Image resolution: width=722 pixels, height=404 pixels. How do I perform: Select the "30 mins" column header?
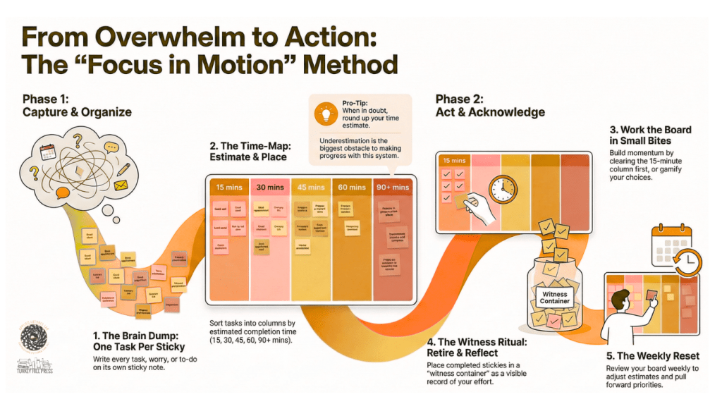click(x=270, y=188)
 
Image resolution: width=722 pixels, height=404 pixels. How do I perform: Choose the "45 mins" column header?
click(x=311, y=188)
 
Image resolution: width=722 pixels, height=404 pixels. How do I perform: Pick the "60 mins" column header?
click(x=352, y=188)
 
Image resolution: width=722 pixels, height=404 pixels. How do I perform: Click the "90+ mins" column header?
click(x=393, y=188)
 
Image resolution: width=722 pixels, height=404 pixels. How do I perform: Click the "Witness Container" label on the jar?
click(x=555, y=297)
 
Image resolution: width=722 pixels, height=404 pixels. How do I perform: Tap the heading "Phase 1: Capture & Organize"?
click(x=77, y=105)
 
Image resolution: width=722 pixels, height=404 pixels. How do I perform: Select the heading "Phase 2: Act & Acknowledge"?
click(x=490, y=105)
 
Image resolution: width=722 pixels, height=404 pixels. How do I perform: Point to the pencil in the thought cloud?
click(x=124, y=169)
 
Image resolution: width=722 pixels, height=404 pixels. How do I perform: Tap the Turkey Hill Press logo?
click(x=33, y=350)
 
